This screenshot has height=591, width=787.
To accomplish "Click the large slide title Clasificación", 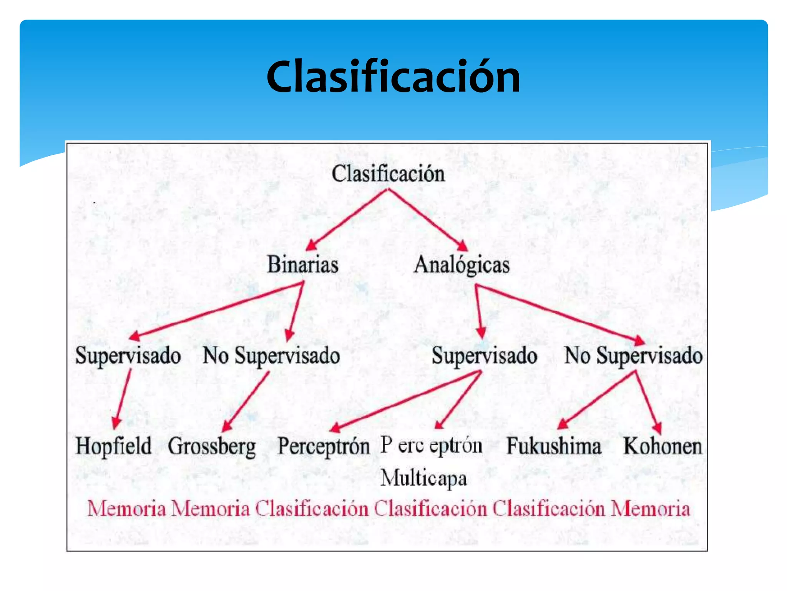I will click(393, 77).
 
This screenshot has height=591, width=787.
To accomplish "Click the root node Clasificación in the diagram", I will click(388, 174).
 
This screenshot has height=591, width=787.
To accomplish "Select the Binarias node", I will click(303, 265).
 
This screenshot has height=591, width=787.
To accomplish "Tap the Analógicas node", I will click(462, 265).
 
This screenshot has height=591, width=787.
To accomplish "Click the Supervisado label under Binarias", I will click(128, 356).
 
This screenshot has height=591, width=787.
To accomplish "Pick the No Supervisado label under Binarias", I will click(271, 356).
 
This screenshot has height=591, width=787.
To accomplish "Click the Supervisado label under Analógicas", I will click(484, 356).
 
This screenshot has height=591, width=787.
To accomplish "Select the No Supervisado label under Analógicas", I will click(633, 356).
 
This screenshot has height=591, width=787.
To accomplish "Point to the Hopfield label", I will click(114, 446).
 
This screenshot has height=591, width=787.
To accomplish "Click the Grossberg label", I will click(212, 446).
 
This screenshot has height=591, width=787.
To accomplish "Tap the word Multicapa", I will click(423, 478).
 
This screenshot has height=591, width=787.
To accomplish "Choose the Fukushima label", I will click(554, 446).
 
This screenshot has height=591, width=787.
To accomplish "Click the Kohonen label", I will click(662, 446).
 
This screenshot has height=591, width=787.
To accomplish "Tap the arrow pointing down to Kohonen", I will click(648, 402).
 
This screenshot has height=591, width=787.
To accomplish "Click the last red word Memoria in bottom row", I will click(650, 509).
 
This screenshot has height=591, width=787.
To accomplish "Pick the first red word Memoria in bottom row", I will click(127, 509).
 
